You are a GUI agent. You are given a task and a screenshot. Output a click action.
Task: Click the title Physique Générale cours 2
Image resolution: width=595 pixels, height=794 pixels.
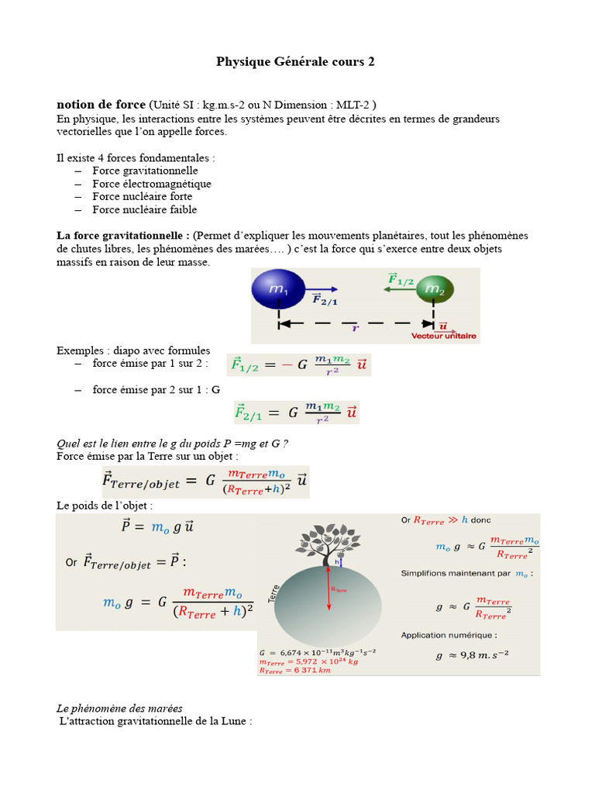[x=294, y=61]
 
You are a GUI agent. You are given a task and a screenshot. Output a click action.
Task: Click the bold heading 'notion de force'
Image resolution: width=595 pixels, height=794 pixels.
[x=101, y=105]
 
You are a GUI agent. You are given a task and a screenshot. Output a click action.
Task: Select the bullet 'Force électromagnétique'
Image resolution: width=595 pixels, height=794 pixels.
[x=151, y=184]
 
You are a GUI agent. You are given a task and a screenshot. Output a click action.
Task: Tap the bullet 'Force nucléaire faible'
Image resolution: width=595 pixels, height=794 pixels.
[x=144, y=209]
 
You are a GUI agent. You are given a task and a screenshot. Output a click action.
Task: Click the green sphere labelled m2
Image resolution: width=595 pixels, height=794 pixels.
[x=434, y=291]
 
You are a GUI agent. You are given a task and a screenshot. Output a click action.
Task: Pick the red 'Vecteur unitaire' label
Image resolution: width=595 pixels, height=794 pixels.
[x=444, y=337]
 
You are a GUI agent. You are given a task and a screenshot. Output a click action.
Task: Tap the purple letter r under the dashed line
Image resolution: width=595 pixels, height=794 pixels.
[x=355, y=328]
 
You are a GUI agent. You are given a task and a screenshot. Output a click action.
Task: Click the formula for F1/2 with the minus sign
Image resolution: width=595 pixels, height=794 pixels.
[x=298, y=364]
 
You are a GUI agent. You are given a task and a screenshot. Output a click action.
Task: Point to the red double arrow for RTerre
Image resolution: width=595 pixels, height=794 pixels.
[x=329, y=589]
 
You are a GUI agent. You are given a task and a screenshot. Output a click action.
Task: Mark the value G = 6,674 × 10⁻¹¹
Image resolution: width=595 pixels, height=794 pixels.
[x=318, y=653]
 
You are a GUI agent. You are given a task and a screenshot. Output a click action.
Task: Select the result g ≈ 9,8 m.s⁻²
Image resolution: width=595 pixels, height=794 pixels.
[x=472, y=655]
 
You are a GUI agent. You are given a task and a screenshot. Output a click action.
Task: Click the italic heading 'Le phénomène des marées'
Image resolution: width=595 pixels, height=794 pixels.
[x=119, y=709]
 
